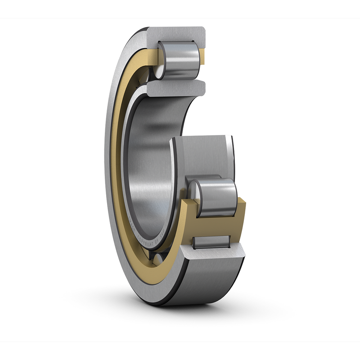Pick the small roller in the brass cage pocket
211,242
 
